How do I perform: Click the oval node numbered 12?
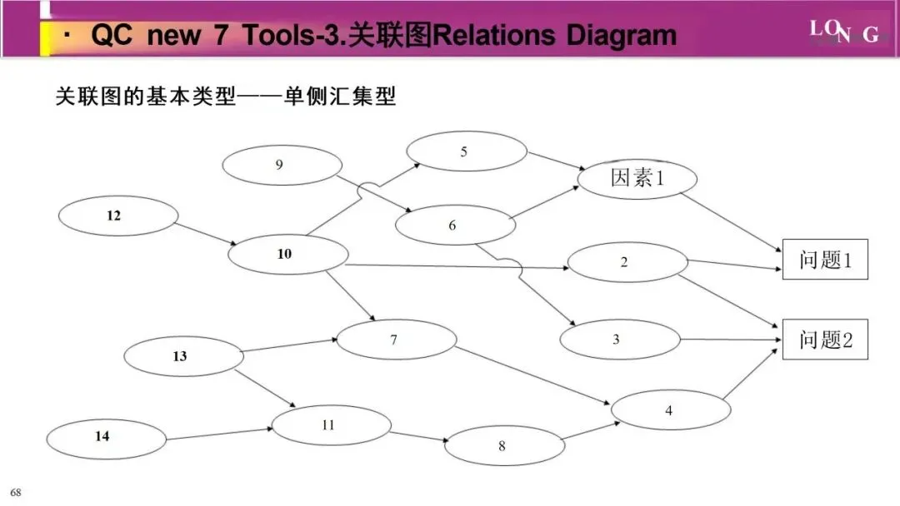point(118,216)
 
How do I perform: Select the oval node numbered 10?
point(287,255)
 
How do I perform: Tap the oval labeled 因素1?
point(637,179)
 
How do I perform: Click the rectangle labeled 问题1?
point(824,260)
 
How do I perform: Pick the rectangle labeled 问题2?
point(824,340)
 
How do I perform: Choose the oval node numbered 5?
point(466,151)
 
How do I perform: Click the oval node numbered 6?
point(455,226)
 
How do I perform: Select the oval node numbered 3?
point(619,340)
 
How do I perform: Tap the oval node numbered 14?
point(106,436)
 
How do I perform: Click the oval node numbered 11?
point(331,425)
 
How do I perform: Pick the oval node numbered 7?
point(396,340)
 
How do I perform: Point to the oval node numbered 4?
point(671,410)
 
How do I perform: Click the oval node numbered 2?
point(627,263)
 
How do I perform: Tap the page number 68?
point(16,493)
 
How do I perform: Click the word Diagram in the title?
point(622,35)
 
